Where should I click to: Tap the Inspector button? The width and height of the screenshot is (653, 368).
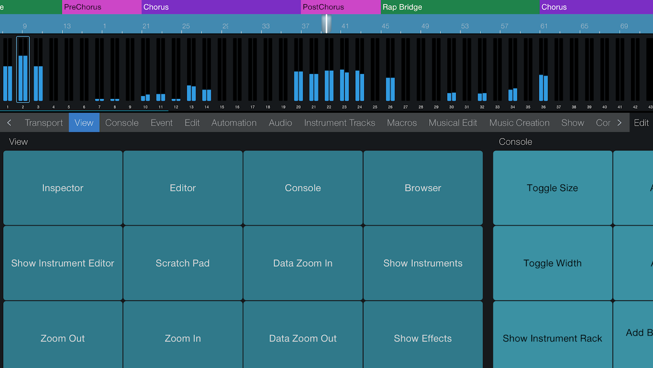[63, 188]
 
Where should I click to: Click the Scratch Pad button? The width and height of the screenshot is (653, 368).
[183, 263]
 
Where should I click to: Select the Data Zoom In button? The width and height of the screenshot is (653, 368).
[303, 263]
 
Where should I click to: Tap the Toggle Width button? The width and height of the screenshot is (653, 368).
[552, 263]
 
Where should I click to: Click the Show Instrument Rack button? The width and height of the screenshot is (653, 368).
[552, 338]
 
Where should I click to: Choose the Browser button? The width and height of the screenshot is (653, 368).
[423, 188]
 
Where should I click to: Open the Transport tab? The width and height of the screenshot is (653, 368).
[44, 123]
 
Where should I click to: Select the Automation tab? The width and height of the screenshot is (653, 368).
[234, 123]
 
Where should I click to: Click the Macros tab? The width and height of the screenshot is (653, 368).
[402, 123]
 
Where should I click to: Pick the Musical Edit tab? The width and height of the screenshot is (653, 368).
[453, 123]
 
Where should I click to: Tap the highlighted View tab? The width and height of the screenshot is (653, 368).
[84, 123]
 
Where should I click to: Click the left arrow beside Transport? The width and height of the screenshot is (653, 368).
[9, 123]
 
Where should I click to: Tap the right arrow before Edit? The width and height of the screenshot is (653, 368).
[619, 123]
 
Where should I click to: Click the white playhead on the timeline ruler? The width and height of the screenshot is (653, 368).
[326, 23]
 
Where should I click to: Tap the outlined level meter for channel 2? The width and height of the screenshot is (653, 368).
[23, 69]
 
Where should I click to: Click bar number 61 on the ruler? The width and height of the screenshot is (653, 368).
[544, 26]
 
